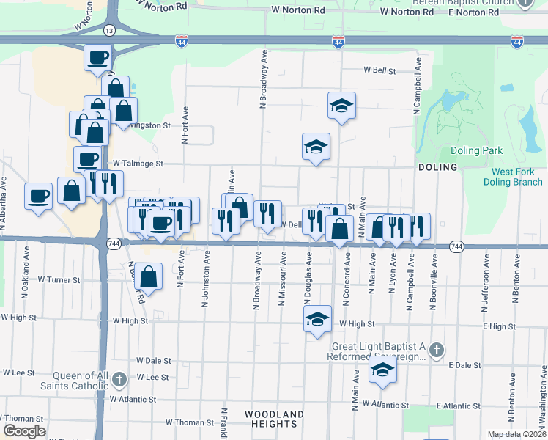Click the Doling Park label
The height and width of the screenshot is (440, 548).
476,150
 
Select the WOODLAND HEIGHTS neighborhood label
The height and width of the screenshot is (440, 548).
274,419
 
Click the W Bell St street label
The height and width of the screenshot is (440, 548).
379,71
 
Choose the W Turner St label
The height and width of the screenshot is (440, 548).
59,280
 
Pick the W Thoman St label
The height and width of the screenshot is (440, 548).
189,422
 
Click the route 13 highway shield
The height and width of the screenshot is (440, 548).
109,31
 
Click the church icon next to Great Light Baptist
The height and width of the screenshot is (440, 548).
437,349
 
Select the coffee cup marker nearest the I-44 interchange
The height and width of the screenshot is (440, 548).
97,57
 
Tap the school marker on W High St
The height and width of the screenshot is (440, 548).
316,320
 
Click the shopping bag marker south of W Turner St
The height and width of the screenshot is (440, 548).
148,277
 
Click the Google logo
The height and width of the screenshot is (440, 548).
23,431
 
